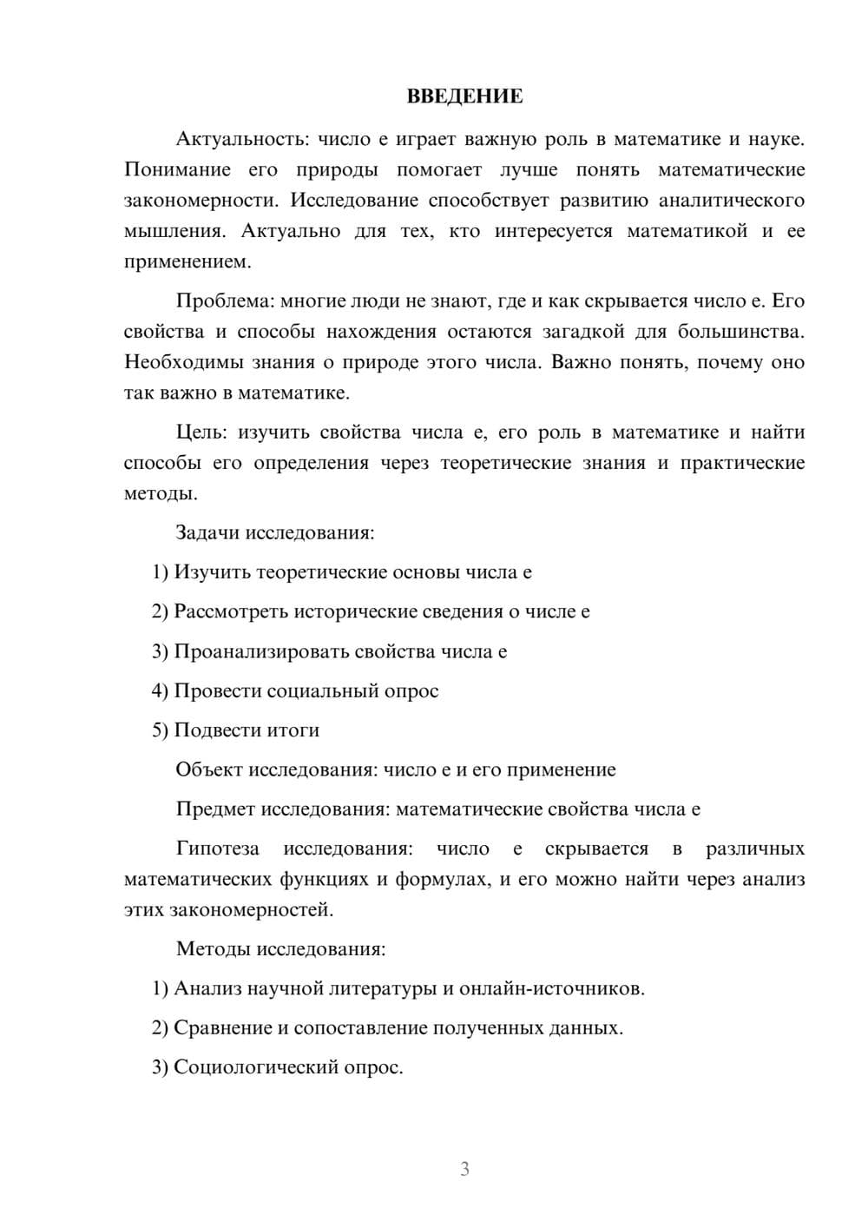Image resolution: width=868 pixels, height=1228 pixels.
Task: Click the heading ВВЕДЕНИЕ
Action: (x=464, y=96)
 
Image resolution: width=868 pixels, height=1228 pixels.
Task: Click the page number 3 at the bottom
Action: (x=464, y=1169)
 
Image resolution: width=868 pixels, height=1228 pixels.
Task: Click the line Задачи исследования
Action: (x=274, y=532)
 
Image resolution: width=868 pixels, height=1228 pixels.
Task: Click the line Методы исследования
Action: (x=280, y=948)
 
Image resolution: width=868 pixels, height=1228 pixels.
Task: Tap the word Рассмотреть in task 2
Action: (x=231, y=611)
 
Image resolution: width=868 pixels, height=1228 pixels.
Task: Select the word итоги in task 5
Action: (x=293, y=730)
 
